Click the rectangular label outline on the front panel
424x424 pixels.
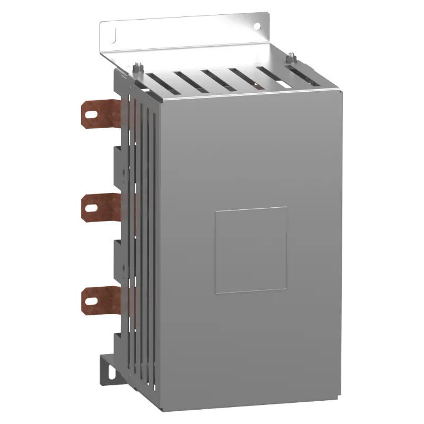[251, 250]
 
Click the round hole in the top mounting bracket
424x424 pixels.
[257, 25]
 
